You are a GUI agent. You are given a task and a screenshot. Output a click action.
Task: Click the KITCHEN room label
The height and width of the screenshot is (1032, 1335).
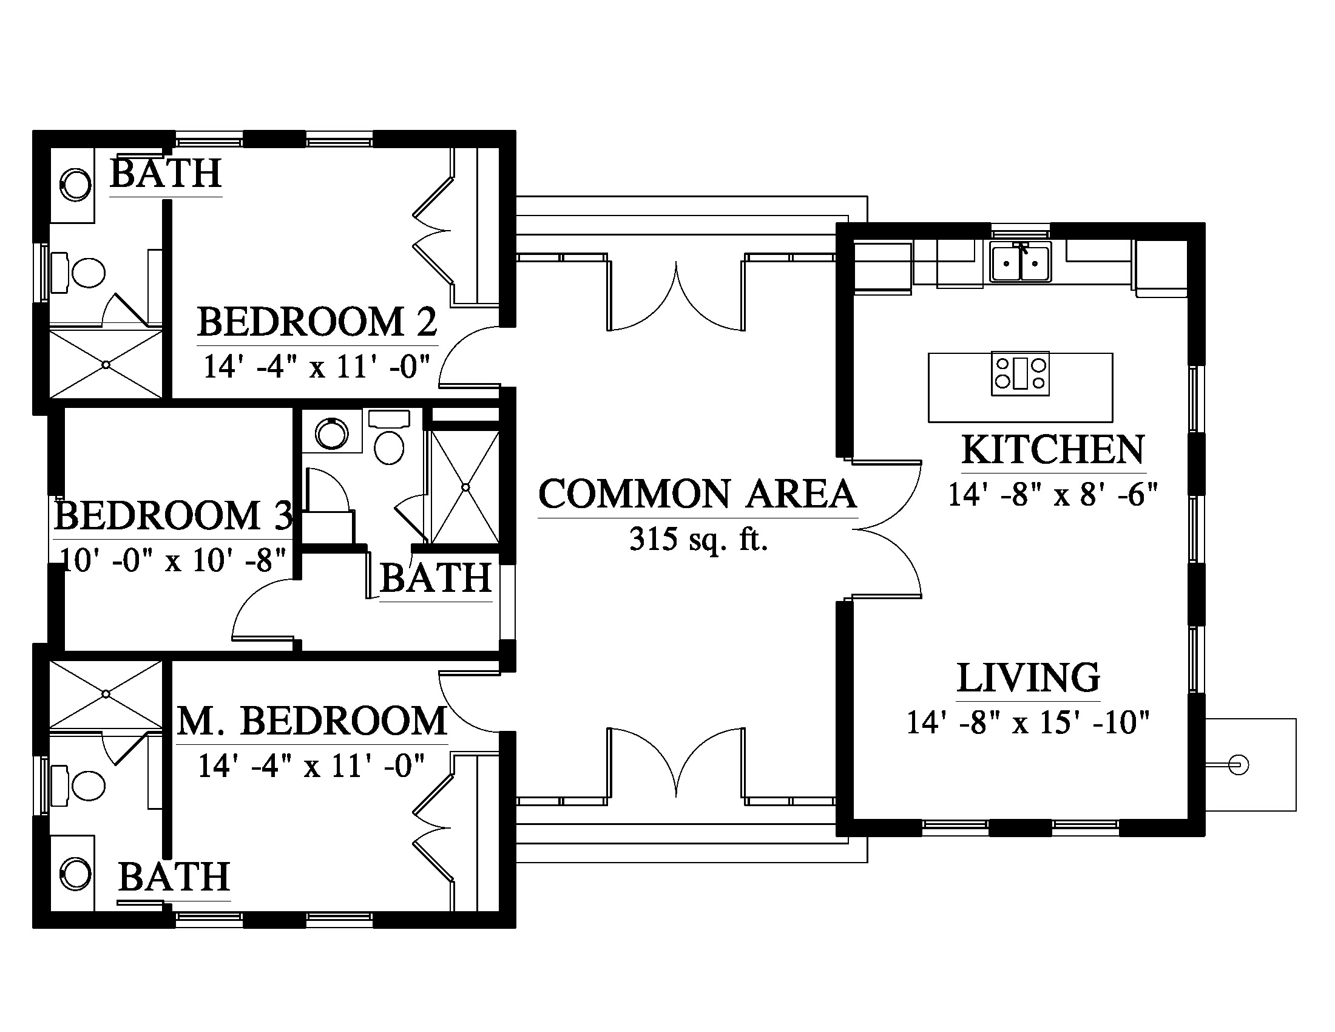1053,450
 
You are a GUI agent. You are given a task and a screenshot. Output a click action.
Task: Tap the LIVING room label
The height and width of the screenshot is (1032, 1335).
1028,677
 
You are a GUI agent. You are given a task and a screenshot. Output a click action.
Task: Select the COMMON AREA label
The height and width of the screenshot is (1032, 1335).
697,494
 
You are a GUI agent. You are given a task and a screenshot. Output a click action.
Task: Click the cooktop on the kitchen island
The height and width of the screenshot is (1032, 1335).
1020,373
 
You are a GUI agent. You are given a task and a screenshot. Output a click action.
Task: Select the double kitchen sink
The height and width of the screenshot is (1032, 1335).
1021,262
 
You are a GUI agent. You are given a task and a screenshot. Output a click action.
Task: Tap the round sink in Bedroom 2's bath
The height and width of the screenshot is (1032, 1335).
75,184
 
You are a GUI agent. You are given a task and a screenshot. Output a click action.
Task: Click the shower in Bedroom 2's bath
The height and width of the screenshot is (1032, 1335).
106,364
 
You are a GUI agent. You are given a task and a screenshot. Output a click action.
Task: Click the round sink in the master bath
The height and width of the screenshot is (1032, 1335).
75,874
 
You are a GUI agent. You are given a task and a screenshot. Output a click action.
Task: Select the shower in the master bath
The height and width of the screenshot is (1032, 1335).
106,694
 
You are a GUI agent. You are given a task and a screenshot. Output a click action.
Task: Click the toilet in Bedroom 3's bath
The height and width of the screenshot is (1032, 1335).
390,438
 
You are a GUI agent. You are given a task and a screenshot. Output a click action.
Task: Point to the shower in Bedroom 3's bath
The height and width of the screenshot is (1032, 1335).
465,487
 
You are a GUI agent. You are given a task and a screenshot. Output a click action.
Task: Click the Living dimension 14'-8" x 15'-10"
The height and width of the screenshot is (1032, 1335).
1028,722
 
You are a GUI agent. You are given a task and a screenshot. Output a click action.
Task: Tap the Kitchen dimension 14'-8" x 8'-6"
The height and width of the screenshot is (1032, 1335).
1053,495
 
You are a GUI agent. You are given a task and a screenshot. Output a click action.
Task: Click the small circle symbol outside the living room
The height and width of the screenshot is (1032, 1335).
1239,765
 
